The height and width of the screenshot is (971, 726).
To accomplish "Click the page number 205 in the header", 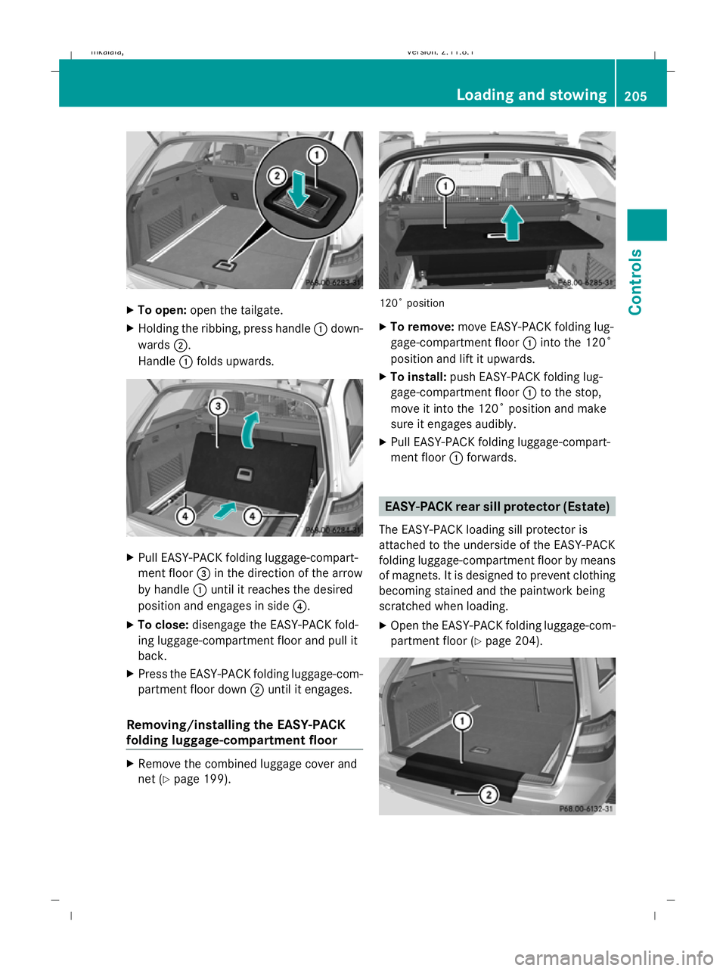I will (635, 96).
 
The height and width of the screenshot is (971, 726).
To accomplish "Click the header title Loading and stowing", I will (531, 95).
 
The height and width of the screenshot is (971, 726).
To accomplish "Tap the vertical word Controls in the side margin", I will (635, 281).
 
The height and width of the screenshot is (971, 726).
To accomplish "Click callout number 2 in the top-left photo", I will (277, 176).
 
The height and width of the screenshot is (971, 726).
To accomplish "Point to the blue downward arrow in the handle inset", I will (298, 190).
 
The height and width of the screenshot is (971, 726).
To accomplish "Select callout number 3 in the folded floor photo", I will (218, 407).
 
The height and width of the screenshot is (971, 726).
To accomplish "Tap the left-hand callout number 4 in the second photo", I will (185, 517).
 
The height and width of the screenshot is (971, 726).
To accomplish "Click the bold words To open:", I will (162, 310).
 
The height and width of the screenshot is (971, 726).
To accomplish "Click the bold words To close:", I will (163, 625).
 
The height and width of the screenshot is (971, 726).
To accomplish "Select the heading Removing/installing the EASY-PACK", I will (236, 724).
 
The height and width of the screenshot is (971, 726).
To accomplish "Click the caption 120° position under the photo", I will (412, 303).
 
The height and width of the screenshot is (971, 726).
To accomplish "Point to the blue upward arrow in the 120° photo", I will (513, 223).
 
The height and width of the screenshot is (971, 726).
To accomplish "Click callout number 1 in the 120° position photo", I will (445, 186).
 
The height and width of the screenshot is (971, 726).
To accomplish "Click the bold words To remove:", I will (422, 327).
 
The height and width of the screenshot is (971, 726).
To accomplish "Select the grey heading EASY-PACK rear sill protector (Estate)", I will (497, 507).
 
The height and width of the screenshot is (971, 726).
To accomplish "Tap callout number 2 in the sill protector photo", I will (489, 794).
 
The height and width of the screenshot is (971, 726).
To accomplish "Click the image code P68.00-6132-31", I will (586, 808).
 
